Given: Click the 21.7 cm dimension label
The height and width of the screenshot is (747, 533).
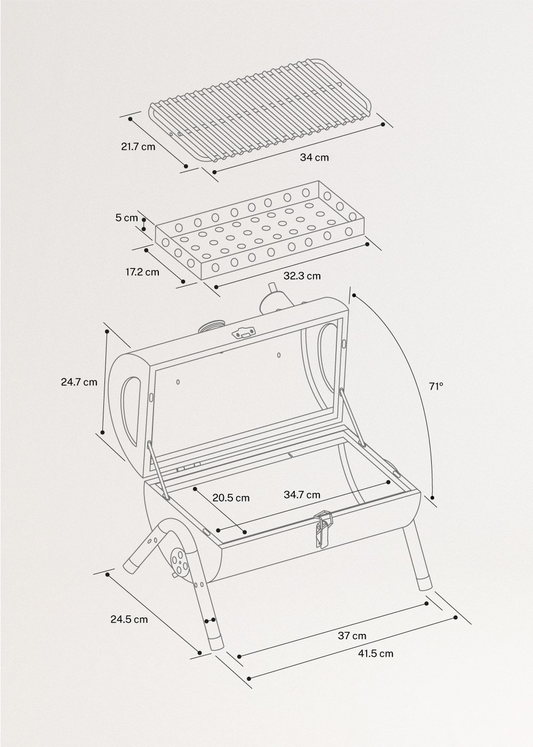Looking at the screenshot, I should point(138,146).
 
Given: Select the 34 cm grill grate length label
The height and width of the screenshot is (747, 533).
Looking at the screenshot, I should point(314,157).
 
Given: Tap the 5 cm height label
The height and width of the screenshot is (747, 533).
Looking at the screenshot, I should point(127,218).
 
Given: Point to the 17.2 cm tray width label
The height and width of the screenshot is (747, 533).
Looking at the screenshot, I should point(142,272).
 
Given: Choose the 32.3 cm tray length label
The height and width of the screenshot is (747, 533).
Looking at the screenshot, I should point(302,276).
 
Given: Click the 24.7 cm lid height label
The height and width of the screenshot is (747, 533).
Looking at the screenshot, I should point(79,382).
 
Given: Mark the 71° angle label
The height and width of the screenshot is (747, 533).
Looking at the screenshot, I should point(435,385).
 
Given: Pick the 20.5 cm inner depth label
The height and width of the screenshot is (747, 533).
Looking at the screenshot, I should point(231,498).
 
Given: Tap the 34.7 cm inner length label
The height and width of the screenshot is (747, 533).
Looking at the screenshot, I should point(302,495).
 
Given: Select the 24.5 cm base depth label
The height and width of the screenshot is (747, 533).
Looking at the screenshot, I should point(129,619).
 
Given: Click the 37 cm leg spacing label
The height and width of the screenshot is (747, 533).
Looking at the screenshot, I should point(352,635).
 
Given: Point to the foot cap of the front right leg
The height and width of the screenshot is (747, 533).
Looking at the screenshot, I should point(424,581).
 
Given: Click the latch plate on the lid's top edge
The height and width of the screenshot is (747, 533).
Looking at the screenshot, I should point(244,332).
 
